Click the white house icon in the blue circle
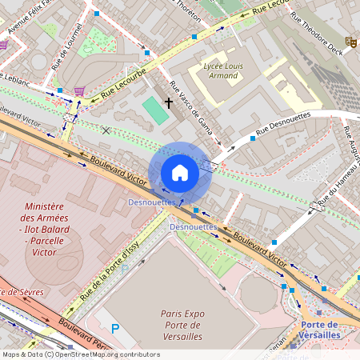pyautogui.click(x=180, y=173)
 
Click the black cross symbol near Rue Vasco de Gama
pyautogui.click(x=169, y=102)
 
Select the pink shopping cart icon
pyautogui.click(x=79, y=91)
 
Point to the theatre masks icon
pyautogui.click(x=350, y=41)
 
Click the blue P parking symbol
pyautogui.click(x=114, y=328)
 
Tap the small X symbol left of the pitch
pyautogui.click(x=106, y=130)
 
